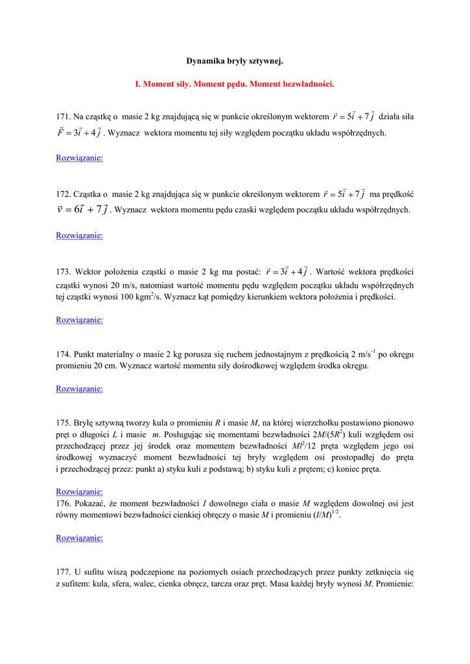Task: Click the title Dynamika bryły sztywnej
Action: click(x=235, y=62)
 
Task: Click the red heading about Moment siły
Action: click(x=235, y=84)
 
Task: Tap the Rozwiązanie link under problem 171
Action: click(x=80, y=158)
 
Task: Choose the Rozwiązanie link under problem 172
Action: click(x=80, y=235)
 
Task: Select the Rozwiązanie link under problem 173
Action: click(x=80, y=320)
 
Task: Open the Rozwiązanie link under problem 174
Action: click(x=80, y=389)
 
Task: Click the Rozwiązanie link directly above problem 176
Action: click(x=80, y=492)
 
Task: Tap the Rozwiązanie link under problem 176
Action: click(x=80, y=538)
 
